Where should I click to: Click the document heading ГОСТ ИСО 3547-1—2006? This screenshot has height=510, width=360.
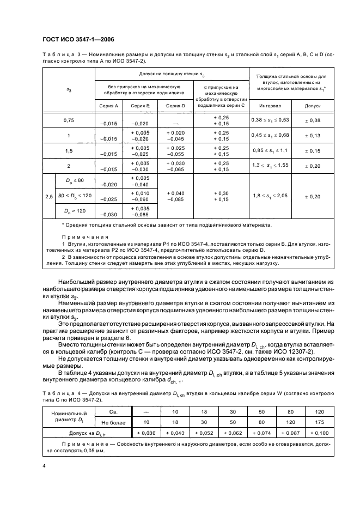point(77,38)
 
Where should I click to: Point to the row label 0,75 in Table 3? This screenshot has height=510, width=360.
point(69,121)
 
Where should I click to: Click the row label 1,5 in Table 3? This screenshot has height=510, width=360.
point(69,151)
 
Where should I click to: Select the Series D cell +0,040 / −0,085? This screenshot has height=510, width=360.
point(175,196)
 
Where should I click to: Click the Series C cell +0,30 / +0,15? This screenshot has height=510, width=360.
point(222,196)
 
